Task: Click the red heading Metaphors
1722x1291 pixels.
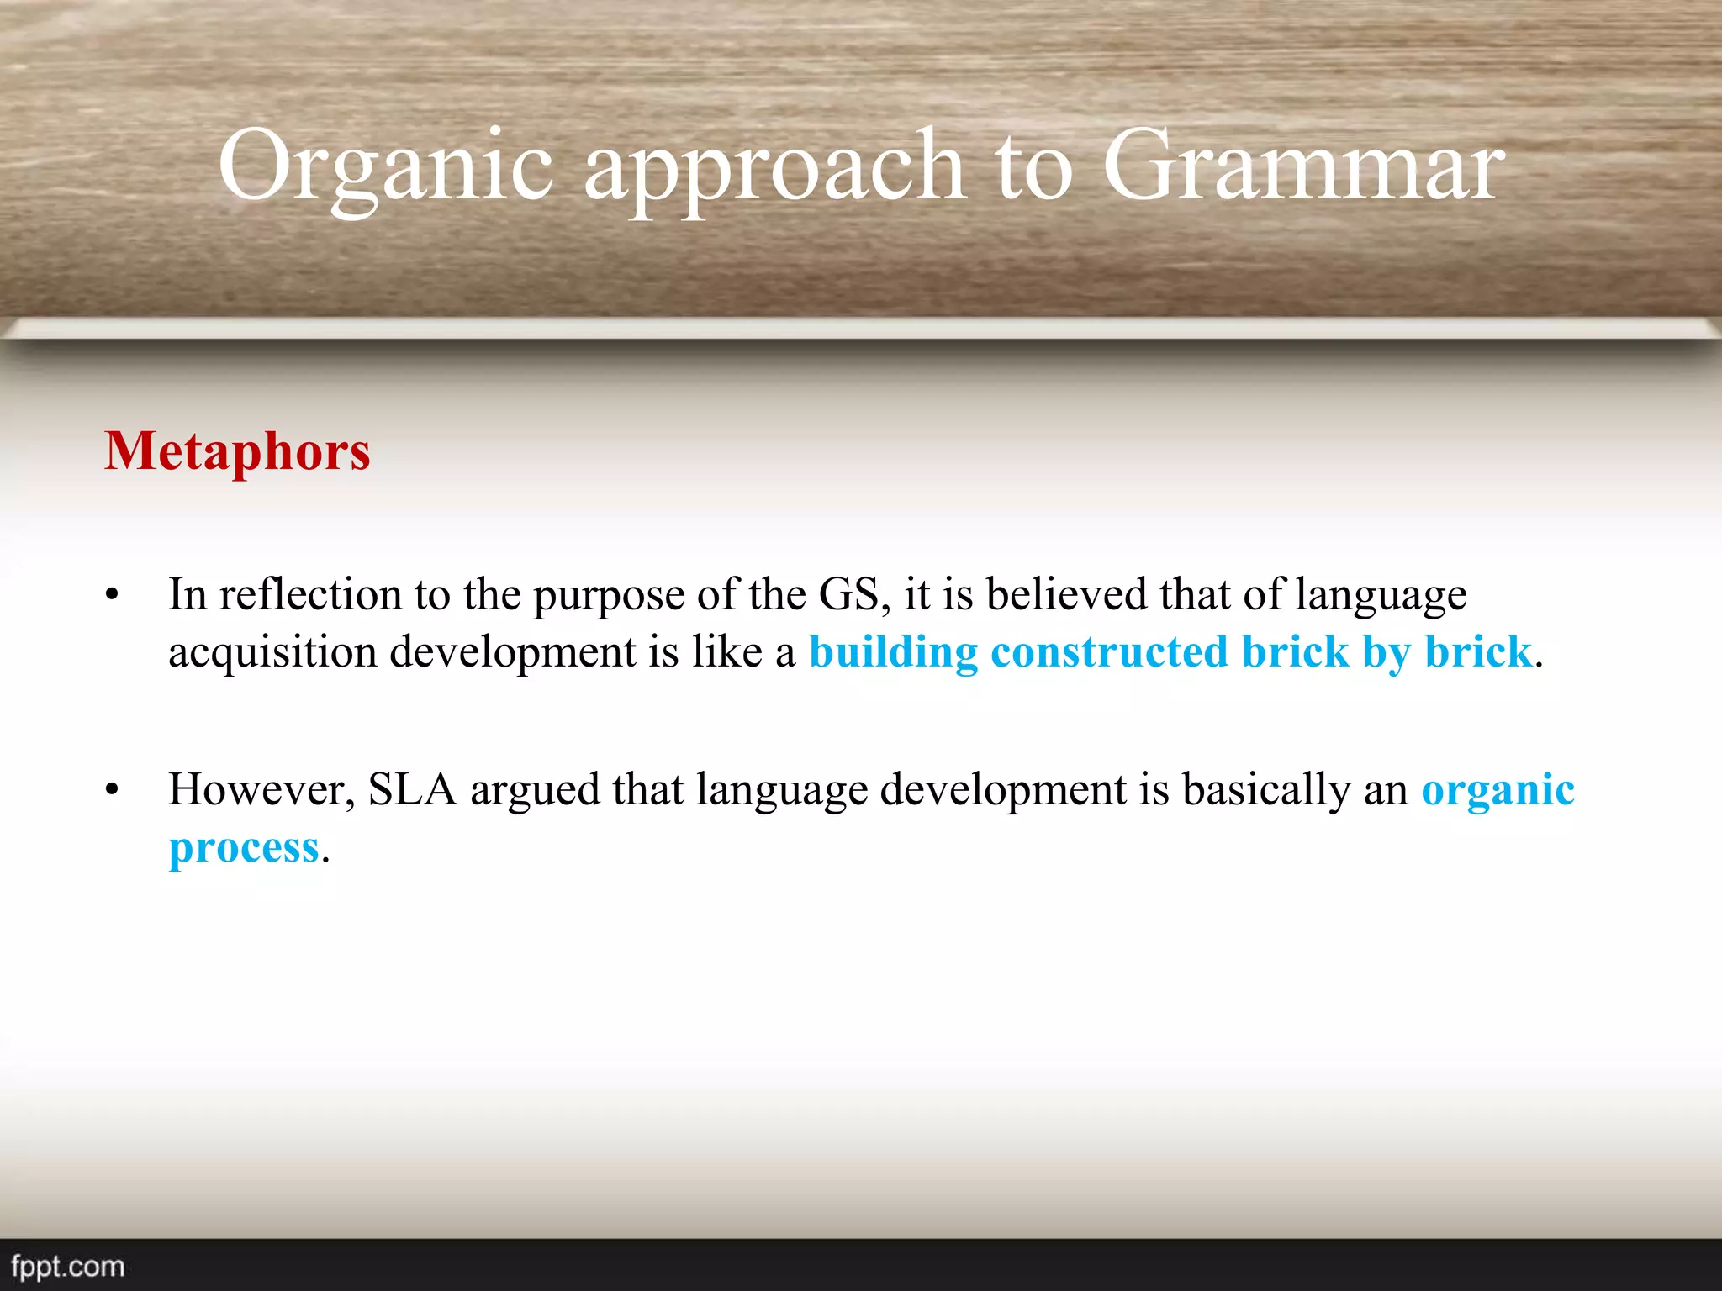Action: pyautogui.click(x=237, y=451)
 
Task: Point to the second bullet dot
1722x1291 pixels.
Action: pyautogui.click(x=113, y=791)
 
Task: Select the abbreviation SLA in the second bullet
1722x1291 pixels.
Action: pyautogui.click(x=412, y=789)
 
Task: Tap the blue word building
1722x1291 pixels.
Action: pyautogui.click(x=893, y=653)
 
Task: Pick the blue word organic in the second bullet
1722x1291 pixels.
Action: pyautogui.click(x=1498, y=790)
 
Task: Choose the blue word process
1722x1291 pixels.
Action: pyautogui.click(x=244, y=847)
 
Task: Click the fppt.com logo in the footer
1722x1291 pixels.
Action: pyautogui.click(x=67, y=1266)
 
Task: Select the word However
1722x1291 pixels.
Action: pyautogui.click(x=261, y=790)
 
